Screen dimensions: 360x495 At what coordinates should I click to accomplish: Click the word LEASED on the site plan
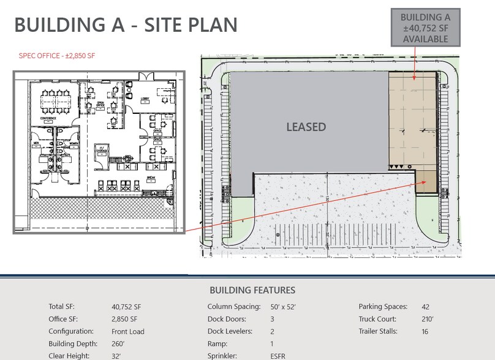pos(306,127)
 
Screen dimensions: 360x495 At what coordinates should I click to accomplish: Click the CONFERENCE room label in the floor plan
pos(48,118)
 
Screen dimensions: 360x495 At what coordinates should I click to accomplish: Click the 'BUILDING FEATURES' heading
pos(252,290)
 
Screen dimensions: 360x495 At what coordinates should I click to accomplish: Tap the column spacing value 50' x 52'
pos(283,307)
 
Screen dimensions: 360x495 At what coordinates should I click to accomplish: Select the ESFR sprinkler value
pos(279,356)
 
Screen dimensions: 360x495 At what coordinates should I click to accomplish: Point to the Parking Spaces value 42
pos(426,307)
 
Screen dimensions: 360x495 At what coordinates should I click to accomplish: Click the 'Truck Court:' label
pos(377,320)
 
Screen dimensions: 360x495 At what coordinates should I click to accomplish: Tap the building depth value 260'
pos(121,344)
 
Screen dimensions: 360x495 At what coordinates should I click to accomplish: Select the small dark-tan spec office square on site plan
pos(426,181)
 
